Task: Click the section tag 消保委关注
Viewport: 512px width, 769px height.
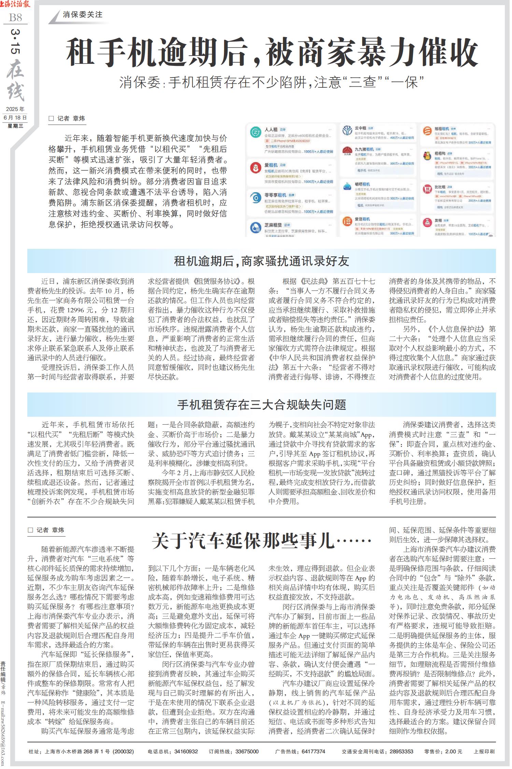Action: [83, 15]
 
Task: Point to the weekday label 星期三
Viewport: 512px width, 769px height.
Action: [15, 126]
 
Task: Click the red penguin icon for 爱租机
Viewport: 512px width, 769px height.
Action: [255, 168]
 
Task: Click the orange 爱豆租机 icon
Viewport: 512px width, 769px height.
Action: [347, 222]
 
